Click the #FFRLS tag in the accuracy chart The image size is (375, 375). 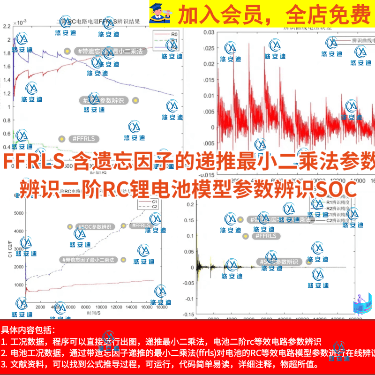(265, 236)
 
